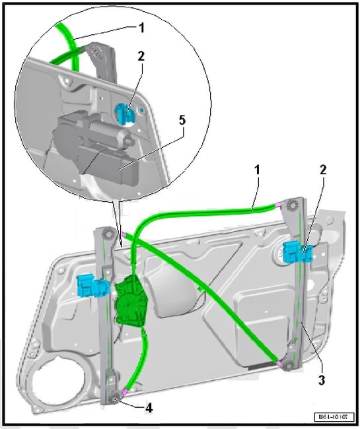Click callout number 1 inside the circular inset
point(141,28)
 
